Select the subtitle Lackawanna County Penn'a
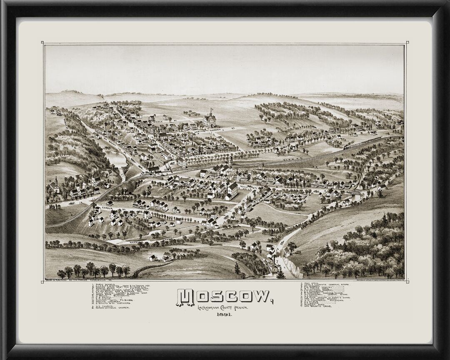[x=225, y=307]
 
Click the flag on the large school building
[x=211, y=110]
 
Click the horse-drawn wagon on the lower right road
[x=282, y=242]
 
